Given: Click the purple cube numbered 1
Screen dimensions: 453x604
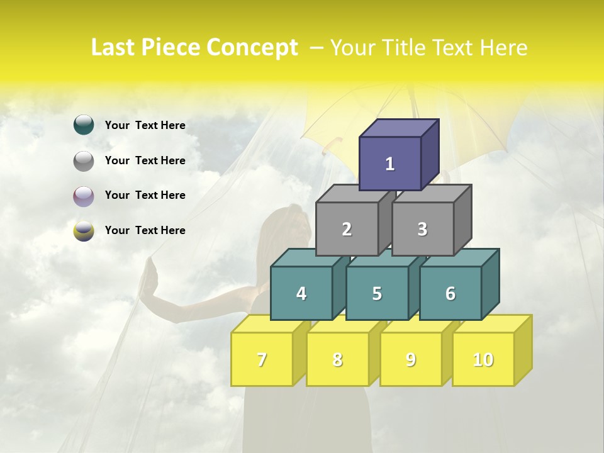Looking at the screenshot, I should coord(390,164).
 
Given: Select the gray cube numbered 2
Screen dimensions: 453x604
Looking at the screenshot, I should coord(347,229).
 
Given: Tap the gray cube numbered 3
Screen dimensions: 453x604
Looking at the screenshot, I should coord(422,229).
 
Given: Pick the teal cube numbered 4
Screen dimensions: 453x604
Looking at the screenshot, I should coord(301,293).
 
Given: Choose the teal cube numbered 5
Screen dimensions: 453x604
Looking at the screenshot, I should coord(377,293).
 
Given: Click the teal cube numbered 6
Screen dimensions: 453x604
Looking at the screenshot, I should coord(450,293).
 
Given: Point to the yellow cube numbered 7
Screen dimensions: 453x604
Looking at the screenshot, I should coord(262,359).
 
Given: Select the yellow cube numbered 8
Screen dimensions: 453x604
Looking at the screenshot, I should coord(337,359).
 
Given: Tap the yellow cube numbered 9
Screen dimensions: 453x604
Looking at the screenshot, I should coord(410,359).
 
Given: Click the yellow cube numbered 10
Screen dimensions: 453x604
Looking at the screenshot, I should coord(483,359).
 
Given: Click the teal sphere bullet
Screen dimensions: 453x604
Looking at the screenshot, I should coord(84,125).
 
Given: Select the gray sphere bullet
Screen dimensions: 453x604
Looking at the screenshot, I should coord(84,161).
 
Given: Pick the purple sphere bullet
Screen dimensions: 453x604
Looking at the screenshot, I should coord(84,196).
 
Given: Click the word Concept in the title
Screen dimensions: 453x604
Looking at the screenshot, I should coord(252,48).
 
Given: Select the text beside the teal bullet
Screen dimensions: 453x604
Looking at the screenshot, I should coord(145,125).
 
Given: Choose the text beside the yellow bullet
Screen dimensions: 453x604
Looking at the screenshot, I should coord(145,230).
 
